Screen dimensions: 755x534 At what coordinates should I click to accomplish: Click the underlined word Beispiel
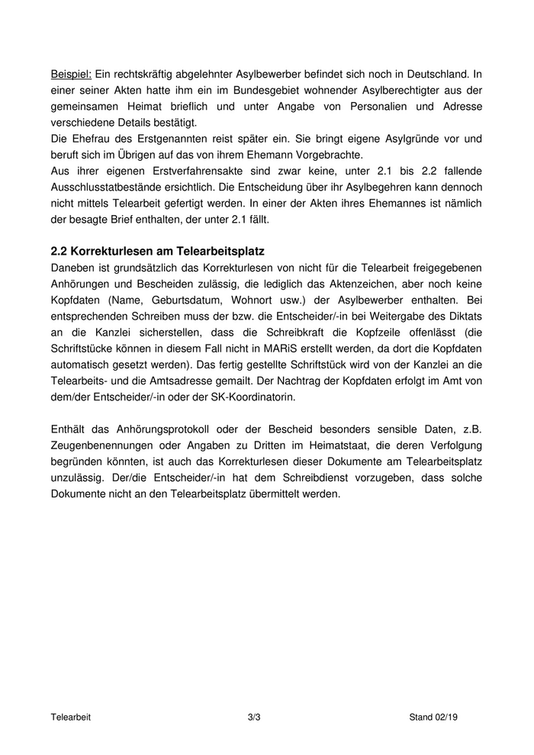pyautogui.click(x=71, y=74)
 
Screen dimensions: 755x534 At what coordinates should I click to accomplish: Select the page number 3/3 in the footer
pyautogui.click(x=255, y=718)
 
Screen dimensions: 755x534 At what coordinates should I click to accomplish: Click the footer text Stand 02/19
pyautogui.click(x=433, y=718)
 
